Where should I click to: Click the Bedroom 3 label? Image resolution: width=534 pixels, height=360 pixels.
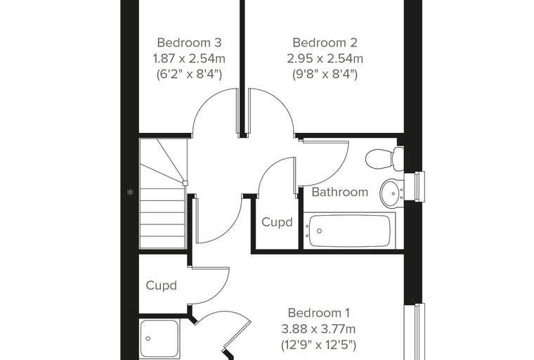click(189, 43)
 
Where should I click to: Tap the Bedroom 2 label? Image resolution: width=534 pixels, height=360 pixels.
click(325, 43)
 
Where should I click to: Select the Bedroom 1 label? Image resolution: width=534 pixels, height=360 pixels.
click(319, 313)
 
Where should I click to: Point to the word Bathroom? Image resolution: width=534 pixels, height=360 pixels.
click(340, 192)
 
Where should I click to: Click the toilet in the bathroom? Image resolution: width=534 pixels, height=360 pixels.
click(384, 158)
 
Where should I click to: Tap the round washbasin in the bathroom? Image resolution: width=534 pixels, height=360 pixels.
click(392, 193)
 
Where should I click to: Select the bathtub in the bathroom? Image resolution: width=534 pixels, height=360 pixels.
click(349, 231)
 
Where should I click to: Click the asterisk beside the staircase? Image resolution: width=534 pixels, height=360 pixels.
click(130, 193)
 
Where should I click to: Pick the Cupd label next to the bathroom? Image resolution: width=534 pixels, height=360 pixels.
click(277, 222)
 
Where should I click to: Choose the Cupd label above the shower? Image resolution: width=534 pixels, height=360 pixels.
click(161, 285)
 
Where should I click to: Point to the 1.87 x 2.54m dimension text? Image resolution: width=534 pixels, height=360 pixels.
click(189, 58)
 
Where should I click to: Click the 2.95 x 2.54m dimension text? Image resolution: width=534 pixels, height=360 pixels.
click(325, 58)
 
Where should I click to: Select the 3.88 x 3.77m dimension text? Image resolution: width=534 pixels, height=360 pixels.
click(319, 329)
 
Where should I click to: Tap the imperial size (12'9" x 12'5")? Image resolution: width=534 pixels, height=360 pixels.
click(319, 345)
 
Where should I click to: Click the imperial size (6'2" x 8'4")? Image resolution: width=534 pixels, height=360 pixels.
click(189, 75)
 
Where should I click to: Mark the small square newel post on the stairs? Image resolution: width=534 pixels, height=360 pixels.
click(185, 183)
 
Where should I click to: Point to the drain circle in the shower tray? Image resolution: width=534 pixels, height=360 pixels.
click(148, 338)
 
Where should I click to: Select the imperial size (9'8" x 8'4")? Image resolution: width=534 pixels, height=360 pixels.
click(325, 75)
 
